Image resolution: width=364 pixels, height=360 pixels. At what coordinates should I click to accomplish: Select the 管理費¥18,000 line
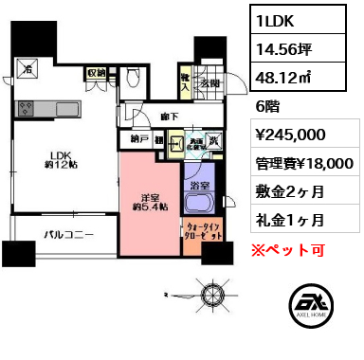[x=306, y=163]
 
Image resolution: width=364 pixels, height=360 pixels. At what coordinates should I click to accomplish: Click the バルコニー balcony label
[x=65, y=233]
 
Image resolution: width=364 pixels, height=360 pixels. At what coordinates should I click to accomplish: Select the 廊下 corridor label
[x=171, y=118]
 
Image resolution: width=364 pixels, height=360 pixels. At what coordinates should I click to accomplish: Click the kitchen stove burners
[x=28, y=69]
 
